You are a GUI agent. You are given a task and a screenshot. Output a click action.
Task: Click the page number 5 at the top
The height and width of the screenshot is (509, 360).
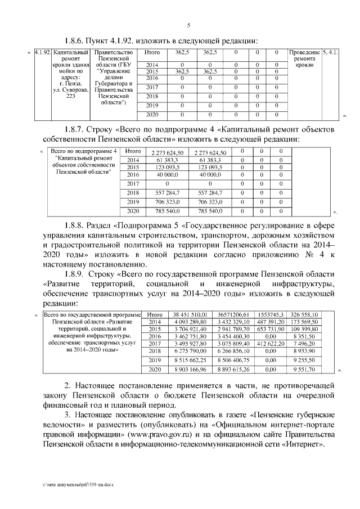point(188,25)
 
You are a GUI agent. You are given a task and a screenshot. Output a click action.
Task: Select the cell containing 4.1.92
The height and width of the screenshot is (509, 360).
point(42,52)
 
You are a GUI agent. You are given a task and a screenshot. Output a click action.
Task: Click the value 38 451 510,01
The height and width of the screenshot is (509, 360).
point(190,314)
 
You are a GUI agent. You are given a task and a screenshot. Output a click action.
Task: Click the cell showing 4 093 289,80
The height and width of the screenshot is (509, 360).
point(190,322)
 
